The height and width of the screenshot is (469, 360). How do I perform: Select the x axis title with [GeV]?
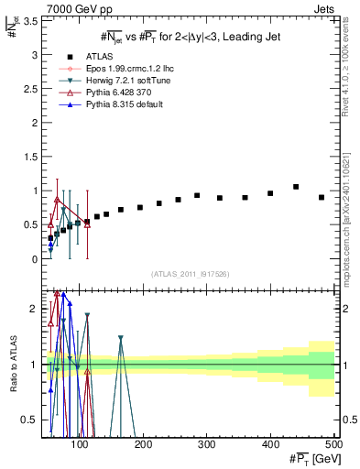click(x=309, y=459)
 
